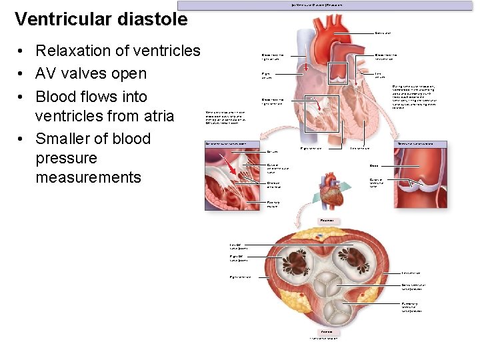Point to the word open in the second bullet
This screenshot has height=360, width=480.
coord(130,73)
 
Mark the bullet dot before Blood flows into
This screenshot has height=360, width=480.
coord(22,97)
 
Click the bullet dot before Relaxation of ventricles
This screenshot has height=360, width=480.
coord(22,51)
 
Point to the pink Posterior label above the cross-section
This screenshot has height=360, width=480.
coord(327,219)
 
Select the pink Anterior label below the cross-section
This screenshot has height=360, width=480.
coord(327,331)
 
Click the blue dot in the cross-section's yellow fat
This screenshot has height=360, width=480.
coord(319,236)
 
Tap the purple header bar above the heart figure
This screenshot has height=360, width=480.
coord(327,5)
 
